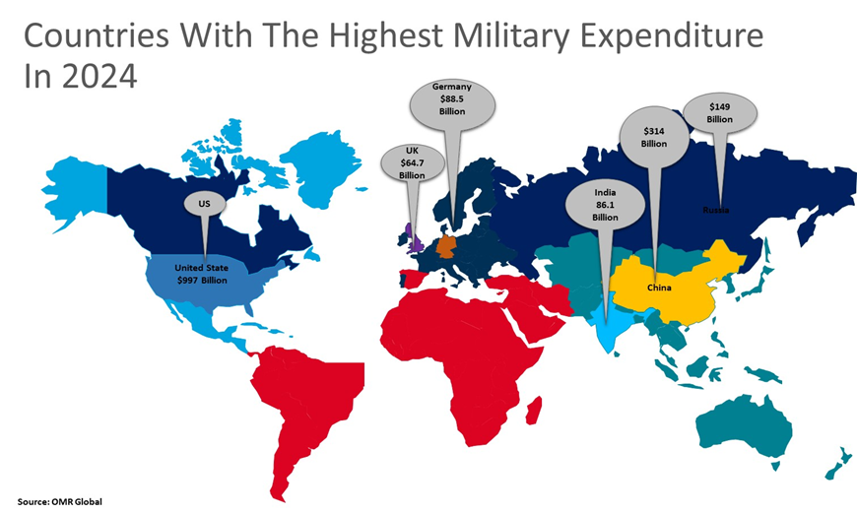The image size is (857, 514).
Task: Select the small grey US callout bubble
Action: click(204, 205)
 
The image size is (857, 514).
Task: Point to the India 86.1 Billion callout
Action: click(605, 205)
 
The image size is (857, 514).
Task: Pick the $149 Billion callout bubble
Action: click(719, 113)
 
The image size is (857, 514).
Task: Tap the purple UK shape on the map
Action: click(414, 241)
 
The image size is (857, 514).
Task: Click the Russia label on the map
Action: click(716, 210)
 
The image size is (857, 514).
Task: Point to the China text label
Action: click(659, 288)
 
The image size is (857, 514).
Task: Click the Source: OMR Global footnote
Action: click(59, 502)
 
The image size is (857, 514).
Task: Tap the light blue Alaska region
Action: click(74, 187)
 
